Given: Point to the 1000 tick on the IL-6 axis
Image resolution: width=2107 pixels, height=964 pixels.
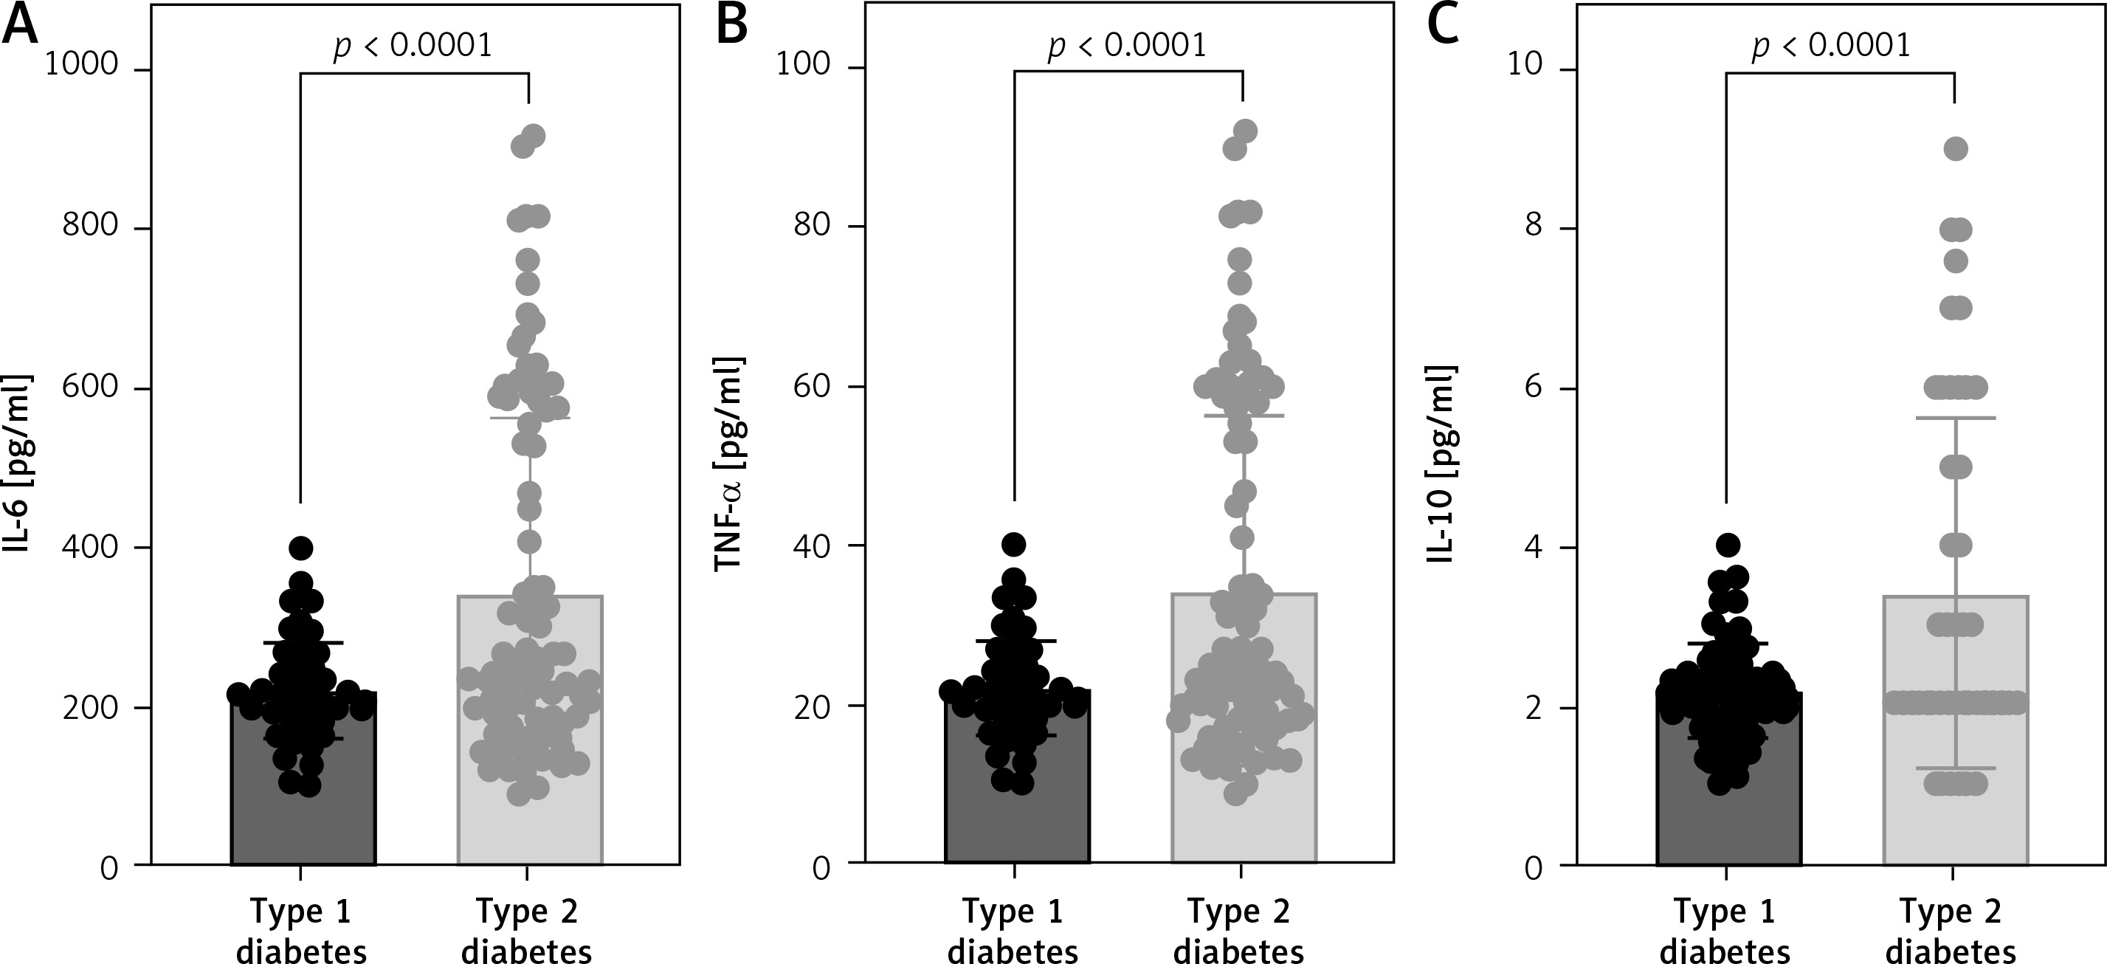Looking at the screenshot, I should (82, 65).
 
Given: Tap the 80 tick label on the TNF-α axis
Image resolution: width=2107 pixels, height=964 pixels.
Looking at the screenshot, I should (813, 224).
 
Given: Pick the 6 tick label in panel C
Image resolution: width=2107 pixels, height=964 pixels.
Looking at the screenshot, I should (1534, 385).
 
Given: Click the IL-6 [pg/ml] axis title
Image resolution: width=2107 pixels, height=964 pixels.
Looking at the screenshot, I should (18, 464).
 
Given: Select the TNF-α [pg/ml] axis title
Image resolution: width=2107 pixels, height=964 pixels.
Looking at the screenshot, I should (730, 464).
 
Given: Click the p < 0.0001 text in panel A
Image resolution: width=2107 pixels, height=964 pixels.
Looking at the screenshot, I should (413, 46).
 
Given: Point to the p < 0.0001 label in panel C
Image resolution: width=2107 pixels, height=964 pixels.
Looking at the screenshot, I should (1830, 46).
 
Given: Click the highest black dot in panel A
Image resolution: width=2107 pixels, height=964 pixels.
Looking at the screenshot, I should (301, 548).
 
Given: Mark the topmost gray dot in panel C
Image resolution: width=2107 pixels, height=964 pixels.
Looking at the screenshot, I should (1955, 149).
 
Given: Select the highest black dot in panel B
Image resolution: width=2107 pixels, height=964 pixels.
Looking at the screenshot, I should (1014, 543).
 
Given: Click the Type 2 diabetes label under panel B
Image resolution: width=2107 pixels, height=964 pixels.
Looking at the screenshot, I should (1238, 931).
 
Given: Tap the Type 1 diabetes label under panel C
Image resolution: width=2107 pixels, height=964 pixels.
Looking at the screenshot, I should (1725, 931).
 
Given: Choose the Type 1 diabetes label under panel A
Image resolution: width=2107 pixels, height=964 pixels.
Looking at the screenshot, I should (301, 931).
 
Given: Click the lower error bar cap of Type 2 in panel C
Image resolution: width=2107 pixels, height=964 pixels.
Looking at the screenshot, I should (1955, 768).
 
